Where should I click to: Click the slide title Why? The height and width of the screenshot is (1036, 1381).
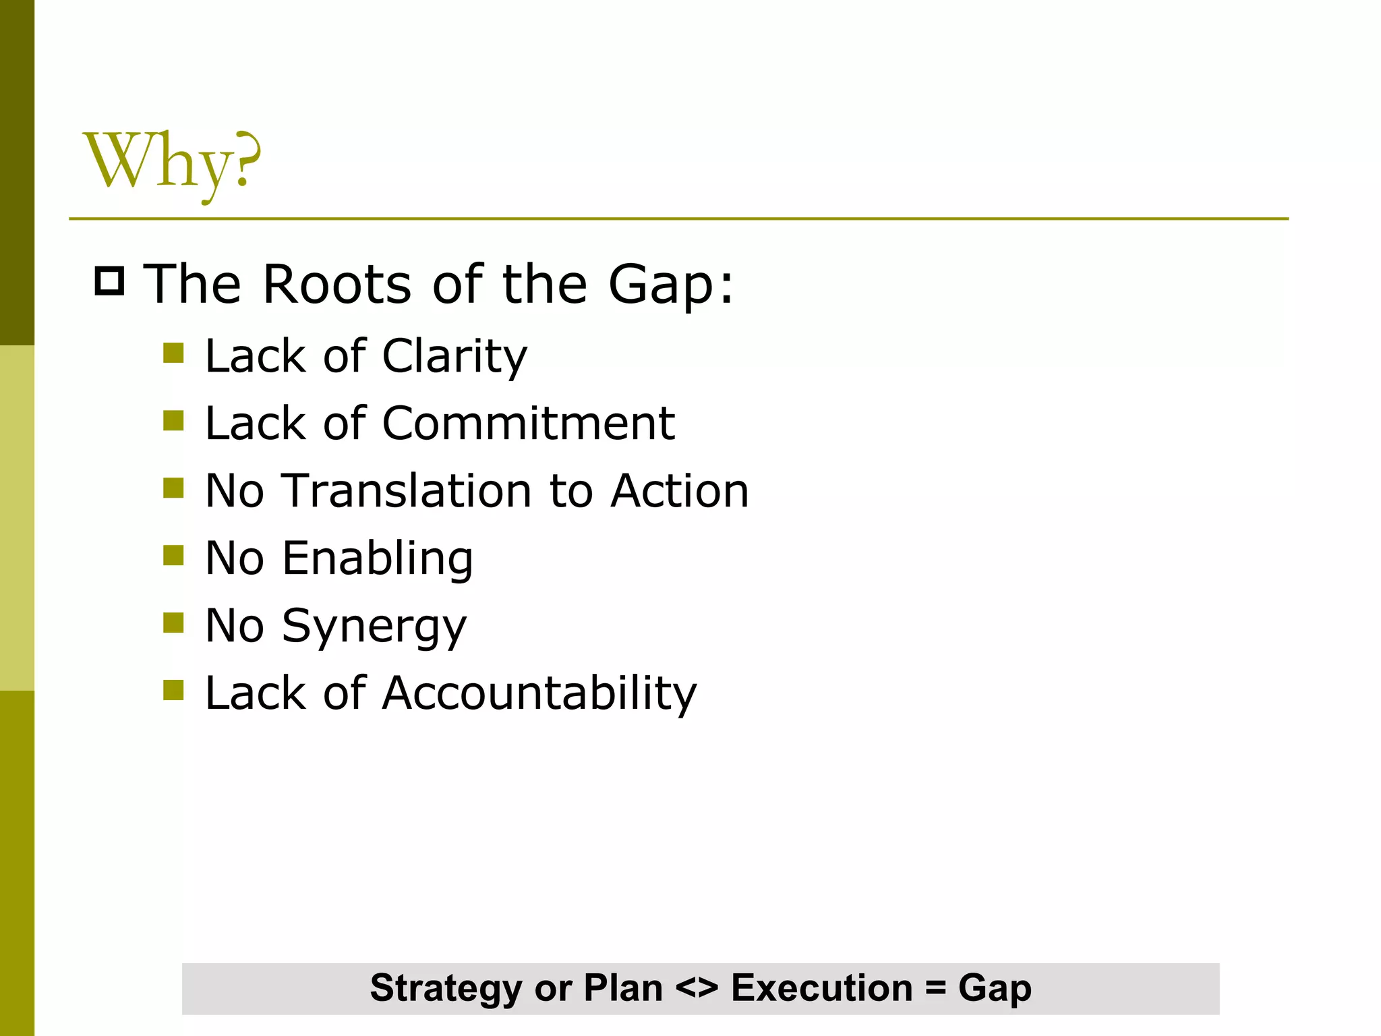coord(171,162)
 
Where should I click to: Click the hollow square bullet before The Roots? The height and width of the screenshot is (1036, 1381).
coord(109,281)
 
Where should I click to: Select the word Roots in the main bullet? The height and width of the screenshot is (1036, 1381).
coord(336,284)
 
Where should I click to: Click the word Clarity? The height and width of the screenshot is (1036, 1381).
coord(454,356)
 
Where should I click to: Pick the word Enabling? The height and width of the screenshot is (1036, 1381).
coord(378,559)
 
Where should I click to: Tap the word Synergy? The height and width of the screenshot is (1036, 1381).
coord(374,627)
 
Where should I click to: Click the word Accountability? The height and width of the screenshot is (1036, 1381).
coord(539,693)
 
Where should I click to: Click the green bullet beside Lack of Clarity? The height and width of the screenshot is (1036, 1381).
coord(173,353)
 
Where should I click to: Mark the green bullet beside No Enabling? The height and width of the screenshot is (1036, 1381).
coord(173,556)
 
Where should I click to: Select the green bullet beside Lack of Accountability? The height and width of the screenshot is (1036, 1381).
coord(173,690)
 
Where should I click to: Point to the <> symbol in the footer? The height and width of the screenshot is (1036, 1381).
coord(697,989)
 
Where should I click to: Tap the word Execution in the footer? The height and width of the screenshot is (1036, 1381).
coord(821,989)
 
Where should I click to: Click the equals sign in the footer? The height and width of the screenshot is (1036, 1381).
coord(935,989)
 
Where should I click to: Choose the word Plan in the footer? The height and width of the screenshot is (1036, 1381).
coord(623,989)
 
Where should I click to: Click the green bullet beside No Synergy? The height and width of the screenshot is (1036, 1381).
coord(173,623)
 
